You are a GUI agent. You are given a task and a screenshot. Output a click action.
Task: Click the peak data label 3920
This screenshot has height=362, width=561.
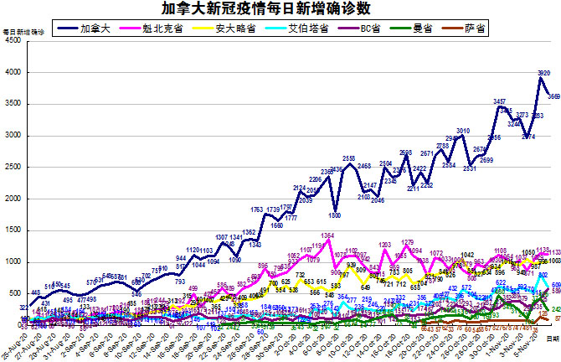tap(543, 73)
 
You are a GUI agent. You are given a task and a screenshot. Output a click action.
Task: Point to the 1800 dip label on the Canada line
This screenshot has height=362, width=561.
tap(335, 215)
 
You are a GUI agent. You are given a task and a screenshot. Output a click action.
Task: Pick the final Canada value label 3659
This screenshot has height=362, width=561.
tap(553, 96)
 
